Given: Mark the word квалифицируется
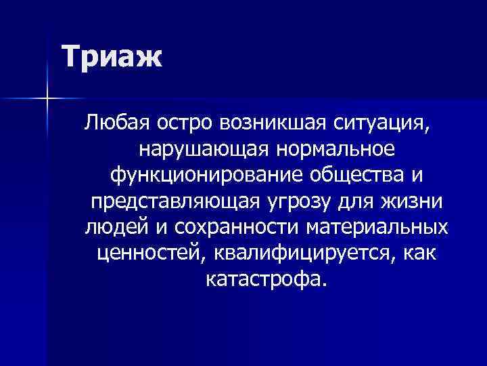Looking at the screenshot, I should click(x=304, y=253).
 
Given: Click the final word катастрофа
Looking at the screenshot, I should click(x=264, y=279).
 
